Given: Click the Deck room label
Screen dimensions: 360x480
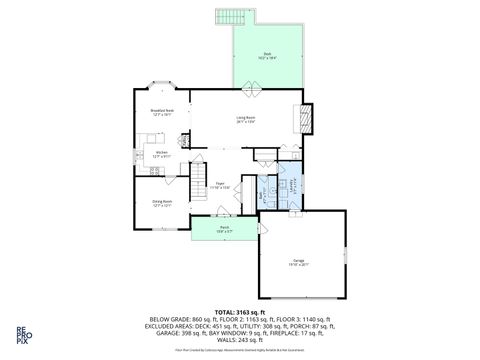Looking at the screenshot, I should [267, 55].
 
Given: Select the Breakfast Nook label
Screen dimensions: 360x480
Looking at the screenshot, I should [162, 112].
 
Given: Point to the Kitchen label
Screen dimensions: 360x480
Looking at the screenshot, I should [161, 153].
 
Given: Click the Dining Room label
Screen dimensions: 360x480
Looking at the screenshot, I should [162, 202].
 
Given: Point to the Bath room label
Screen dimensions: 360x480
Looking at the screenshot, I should [265, 191].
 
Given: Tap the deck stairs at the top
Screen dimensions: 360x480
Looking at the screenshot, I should [228, 19].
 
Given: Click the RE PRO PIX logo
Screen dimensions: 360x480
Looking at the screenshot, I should [21, 337].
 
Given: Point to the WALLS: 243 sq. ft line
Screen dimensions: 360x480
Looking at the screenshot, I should [239, 341].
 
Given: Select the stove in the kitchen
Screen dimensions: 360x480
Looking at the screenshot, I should [154, 170].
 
